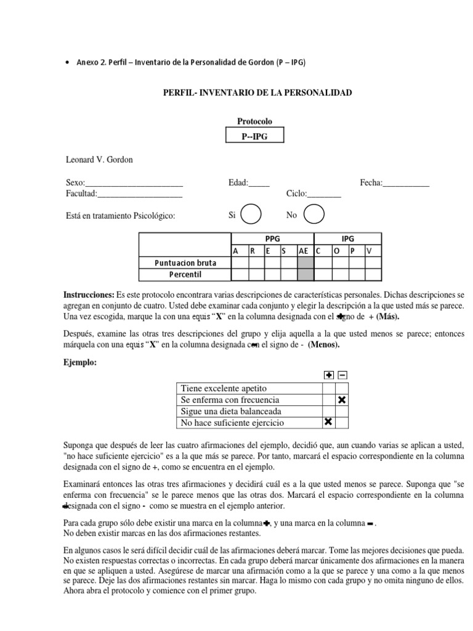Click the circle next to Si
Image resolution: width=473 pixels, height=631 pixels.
coord(251,215)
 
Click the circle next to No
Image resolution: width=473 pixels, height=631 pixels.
coord(314,215)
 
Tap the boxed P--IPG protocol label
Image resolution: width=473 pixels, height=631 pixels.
coord(254,136)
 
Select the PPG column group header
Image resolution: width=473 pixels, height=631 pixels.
coord(272,239)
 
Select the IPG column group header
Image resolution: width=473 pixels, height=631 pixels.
coord(347,239)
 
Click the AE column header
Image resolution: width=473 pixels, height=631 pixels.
coord(304,251)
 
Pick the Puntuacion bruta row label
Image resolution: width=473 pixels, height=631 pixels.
coord(185,263)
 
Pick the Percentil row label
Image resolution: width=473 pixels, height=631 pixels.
coord(185,274)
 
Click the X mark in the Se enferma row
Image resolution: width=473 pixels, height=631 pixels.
coord(342,400)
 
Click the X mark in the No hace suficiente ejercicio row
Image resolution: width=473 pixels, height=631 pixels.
coord(328,422)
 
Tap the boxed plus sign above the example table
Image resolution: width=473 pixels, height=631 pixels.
coord(328,375)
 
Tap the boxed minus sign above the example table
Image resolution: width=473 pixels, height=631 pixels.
coord(342,375)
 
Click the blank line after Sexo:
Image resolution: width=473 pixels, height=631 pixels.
coord(134,183)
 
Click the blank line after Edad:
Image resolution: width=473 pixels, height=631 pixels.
coord(259,183)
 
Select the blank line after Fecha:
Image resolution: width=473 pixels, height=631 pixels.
coord(406,183)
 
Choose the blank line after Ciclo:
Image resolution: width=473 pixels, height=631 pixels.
coord(324,194)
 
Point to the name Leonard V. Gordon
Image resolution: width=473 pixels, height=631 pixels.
coord(99,160)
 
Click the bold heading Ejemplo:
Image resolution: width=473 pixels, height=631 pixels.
coord(80,362)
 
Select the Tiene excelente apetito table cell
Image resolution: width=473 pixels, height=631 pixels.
coord(248,388)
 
